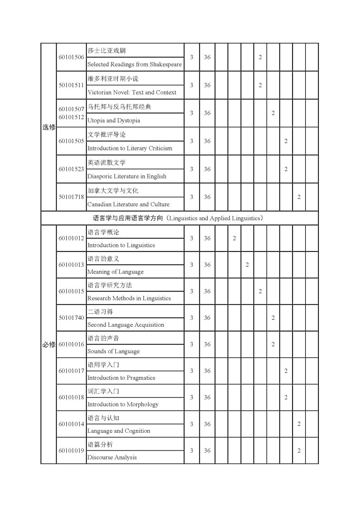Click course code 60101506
click(x=71, y=57)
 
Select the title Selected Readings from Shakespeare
click(x=135, y=64)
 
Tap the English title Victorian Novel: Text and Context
click(x=132, y=92)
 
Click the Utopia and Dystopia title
click(x=114, y=121)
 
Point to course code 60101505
click(x=71, y=141)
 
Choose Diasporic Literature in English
click(x=127, y=176)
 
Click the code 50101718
click(x=71, y=197)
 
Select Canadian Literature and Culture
click(x=128, y=204)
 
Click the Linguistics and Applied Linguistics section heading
click(x=178, y=218)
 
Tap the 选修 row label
click(x=49, y=127)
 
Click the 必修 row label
click(x=49, y=345)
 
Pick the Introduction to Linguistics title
click(x=121, y=245)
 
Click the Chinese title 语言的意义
click(x=103, y=259)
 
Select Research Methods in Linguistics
click(x=129, y=298)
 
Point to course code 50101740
click(x=71, y=318)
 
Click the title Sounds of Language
click(x=114, y=351)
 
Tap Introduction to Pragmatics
click(x=121, y=378)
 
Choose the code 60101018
click(x=71, y=397)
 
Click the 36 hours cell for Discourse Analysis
click(x=207, y=451)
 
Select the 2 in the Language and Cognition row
click(x=299, y=424)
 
